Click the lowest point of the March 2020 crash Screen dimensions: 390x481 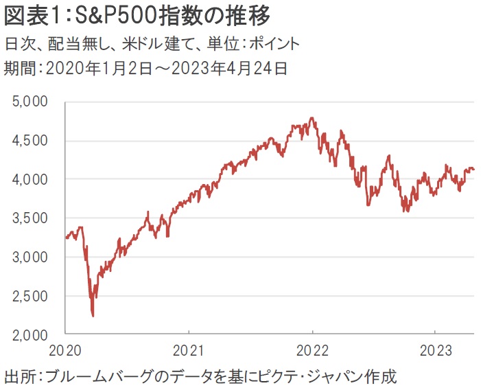point(93,317)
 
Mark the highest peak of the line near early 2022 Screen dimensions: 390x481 point(312,118)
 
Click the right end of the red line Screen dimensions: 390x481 point(474,170)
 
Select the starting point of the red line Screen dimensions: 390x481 point(66,238)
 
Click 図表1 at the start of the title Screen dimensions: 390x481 point(31,15)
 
